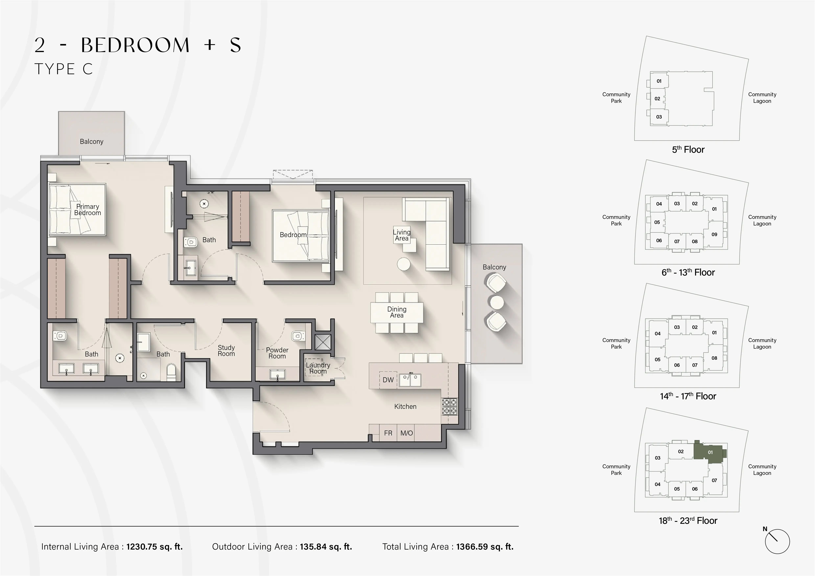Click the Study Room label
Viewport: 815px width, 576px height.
pos(226,350)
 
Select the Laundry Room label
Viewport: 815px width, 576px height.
pos(318,368)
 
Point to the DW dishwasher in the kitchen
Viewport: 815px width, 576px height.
pos(388,380)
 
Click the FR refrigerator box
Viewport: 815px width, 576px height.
pos(388,433)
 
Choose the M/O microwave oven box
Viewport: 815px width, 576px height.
pos(406,433)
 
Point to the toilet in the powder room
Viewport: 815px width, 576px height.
pos(298,335)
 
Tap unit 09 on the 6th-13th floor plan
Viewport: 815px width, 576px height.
pos(714,234)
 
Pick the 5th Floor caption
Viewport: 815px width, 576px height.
pos(688,150)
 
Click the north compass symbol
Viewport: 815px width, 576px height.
pos(777,542)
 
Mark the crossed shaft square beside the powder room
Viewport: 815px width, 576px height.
pos(323,342)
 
